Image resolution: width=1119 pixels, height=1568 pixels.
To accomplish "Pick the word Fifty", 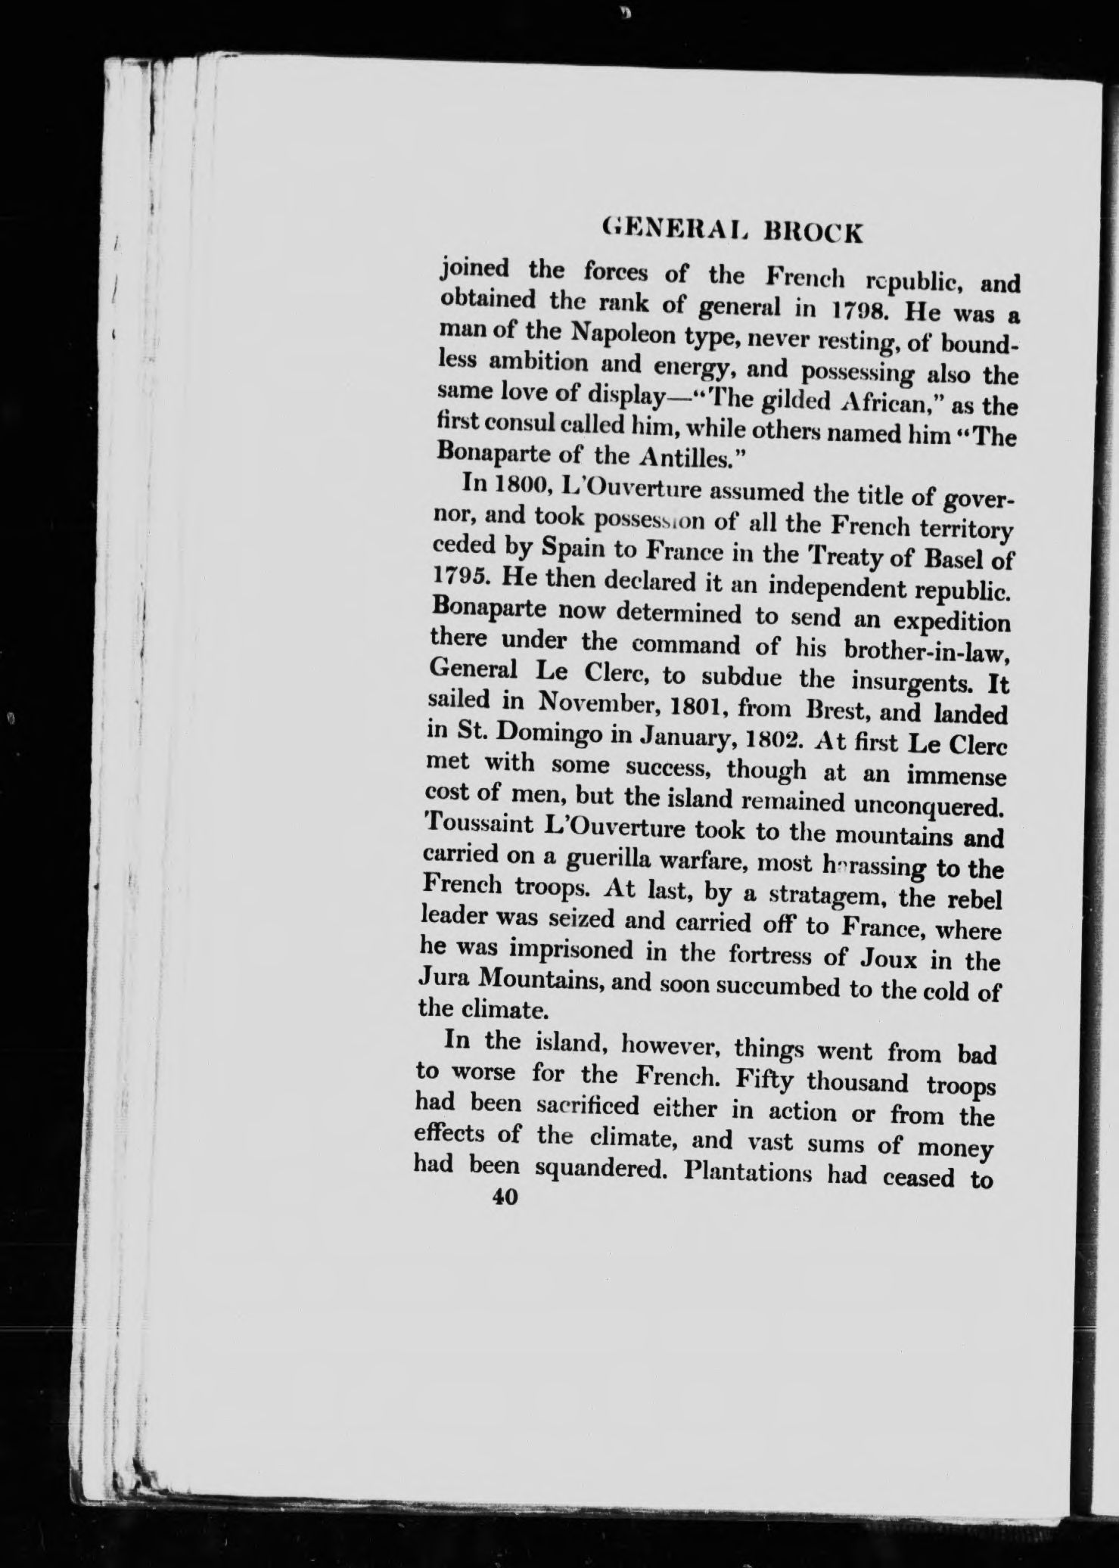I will [764, 1078].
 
